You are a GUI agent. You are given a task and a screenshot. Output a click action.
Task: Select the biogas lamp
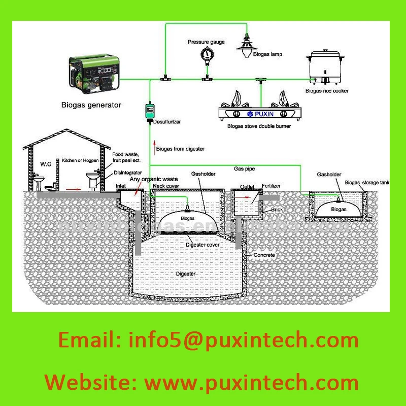pos(246,45)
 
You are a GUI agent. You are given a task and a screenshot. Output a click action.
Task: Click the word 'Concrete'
pos(264,255)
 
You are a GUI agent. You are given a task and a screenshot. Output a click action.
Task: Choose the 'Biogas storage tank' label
pos(366,182)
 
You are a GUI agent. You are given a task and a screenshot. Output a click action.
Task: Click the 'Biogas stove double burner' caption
pos(259,126)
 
